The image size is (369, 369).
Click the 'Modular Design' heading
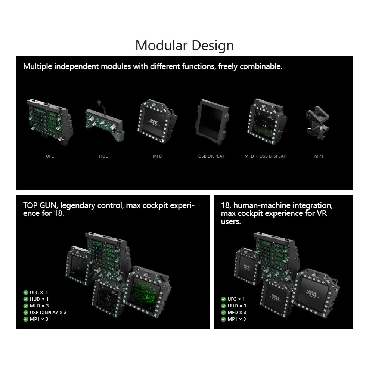click(x=184, y=45)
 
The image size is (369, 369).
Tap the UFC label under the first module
click(x=50, y=156)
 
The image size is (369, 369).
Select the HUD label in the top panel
click(x=104, y=156)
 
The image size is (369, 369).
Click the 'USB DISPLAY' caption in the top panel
click(x=211, y=156)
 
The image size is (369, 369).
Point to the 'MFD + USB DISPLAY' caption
click(x=265, y=156)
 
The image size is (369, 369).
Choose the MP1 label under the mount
click(x=319, y=156)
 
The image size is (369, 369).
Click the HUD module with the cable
click(x=104, y=121)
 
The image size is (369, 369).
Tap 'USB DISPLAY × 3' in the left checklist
click(x=48, y=312)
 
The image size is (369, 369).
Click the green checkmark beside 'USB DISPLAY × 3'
click(x=26, y=312)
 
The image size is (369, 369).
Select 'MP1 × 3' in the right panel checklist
click(x=237, y=319)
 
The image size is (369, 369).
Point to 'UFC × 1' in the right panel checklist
click(x=236, y=299)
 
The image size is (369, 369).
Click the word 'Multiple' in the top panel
click(x=38, y=66)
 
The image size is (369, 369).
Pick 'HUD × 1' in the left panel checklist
click(x=39, y=299)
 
